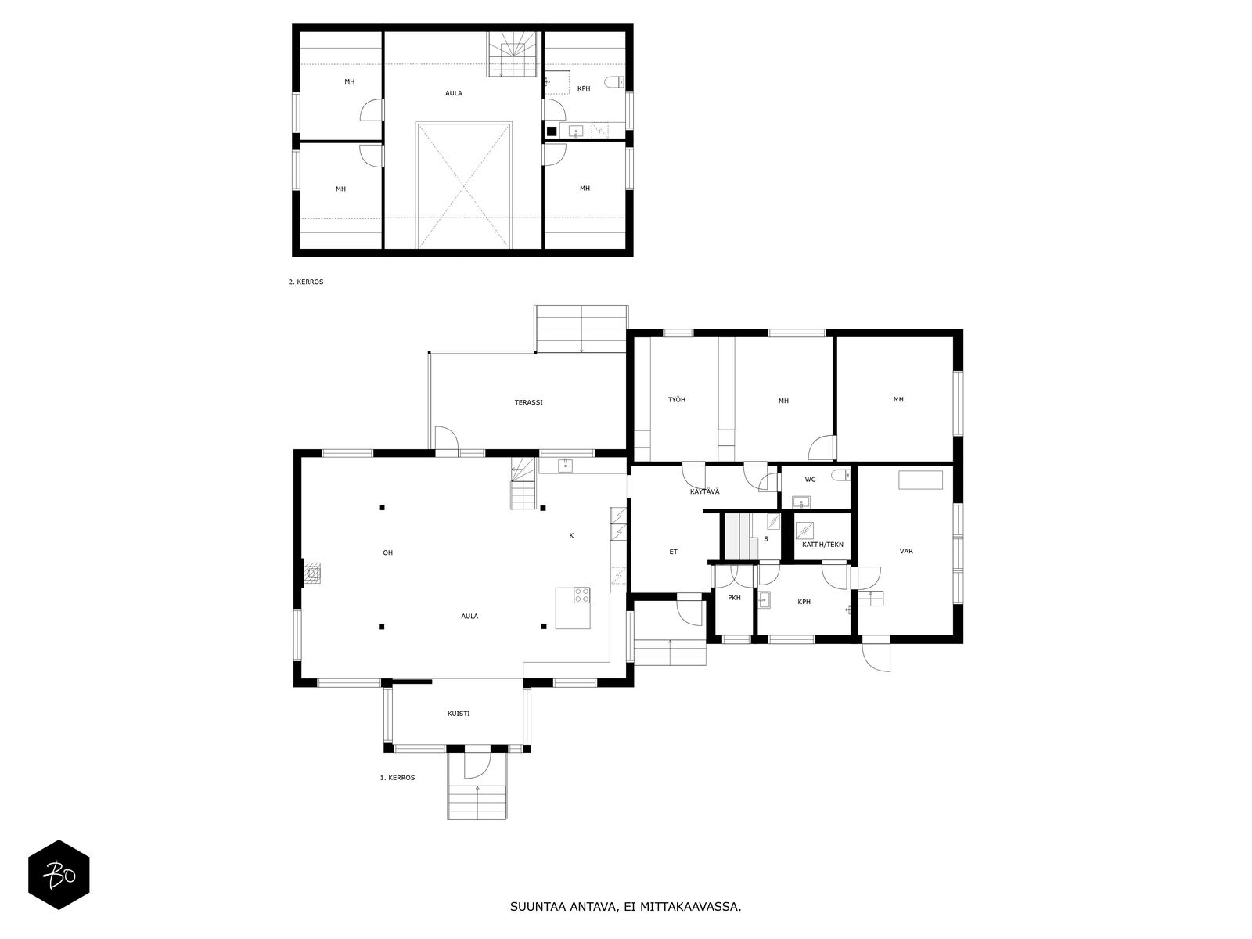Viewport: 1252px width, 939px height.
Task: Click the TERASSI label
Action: tap(528, 402)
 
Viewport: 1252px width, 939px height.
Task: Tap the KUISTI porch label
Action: tap(459, 714)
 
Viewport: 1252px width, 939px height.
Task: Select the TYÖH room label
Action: tap(677, 400)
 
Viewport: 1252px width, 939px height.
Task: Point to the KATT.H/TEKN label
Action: tap(822, 544)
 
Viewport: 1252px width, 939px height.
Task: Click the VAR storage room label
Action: tap(906, 551)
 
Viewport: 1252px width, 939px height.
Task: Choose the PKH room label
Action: tap(734, 598)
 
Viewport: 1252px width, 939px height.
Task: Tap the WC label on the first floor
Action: tap(810, 480)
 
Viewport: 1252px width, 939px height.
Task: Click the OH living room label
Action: tap(387, 552)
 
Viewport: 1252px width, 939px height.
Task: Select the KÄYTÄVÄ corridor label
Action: tap(704, 491)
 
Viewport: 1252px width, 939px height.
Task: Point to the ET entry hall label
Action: tap(673, 552)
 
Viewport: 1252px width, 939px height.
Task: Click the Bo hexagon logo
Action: tap(59, 875)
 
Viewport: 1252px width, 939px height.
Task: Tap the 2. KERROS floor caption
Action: tap(305, 282)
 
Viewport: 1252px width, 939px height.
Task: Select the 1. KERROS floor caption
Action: tap(397, 778)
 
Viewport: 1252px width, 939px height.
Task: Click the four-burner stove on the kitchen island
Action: tap(582, 595)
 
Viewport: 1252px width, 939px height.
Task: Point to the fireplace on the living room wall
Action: tap(312, 574)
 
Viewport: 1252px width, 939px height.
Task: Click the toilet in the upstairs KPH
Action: tap(616, 81)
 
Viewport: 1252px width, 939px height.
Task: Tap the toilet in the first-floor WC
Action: tap(841, 475)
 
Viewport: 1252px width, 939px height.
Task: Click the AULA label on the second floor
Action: tap(453, 93)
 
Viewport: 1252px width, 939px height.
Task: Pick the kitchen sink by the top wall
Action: tap(565, 466)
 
